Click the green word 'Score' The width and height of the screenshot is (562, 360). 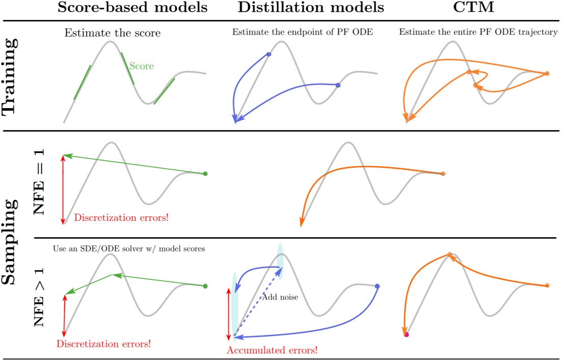[141, 66]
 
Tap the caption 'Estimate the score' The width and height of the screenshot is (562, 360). [112, 34]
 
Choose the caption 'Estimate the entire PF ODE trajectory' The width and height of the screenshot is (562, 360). [478, 32]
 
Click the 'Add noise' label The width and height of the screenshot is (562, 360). [280, 297]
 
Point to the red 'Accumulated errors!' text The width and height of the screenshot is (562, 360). [272, 350]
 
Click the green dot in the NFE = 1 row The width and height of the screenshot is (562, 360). [205, 174]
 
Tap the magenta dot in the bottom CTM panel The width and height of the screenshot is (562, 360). [406, 335]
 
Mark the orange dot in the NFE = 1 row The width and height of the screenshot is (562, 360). [443, 174]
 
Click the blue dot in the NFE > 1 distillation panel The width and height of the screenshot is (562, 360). [377, 286]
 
